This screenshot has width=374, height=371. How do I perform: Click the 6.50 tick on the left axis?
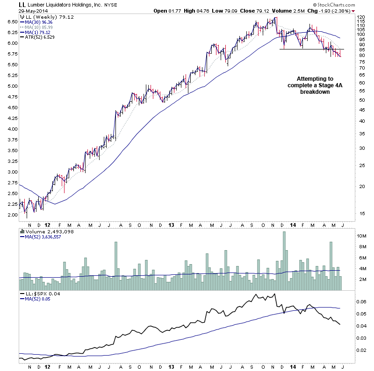coord(12,21)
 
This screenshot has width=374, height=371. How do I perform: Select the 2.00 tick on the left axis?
coord(12,215)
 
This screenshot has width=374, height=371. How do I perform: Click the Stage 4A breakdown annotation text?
coord(315,85)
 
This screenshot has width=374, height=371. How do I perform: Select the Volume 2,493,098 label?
coord(44,231)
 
